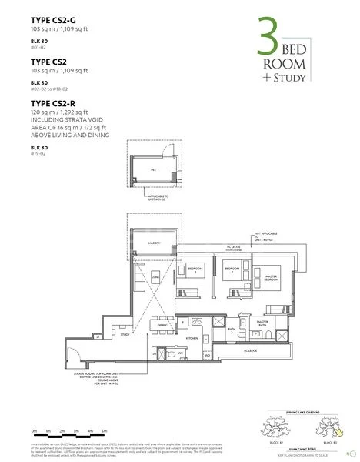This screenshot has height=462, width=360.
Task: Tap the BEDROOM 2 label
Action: (228, 270)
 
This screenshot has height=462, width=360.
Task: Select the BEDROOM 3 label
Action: (195, 270)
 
